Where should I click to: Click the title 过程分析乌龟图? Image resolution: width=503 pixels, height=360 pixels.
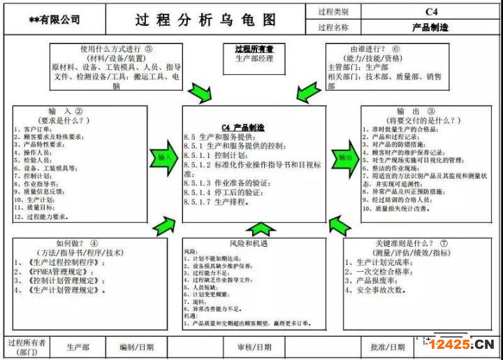point(205,19)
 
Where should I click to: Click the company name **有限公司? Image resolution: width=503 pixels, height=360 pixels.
point(54,20)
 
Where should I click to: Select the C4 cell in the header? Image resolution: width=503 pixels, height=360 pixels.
point(430,12)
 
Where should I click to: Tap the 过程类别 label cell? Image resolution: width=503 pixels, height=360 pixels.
point(333,12)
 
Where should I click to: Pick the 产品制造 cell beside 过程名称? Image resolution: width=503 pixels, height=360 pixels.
point(430,28)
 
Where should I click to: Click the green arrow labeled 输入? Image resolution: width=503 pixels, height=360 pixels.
point(165,157)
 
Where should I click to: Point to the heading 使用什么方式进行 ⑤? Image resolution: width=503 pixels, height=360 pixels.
point(115,50)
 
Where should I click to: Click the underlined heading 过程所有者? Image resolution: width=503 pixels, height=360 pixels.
point(254,49)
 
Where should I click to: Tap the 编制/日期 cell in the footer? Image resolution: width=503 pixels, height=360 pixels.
point(137,347)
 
